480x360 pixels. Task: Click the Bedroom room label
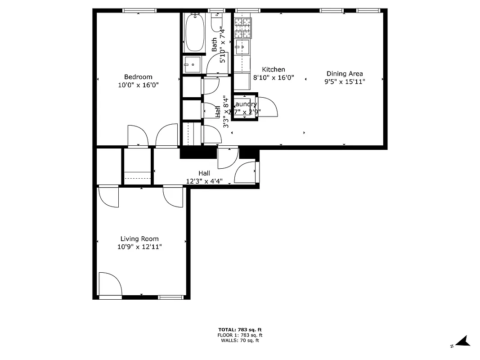click(138, 77)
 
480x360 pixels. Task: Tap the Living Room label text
click(139, 239)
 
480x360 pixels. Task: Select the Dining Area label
click(345, 74)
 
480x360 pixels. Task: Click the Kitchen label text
click(274, 70)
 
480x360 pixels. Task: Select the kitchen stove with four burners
click(243, 28)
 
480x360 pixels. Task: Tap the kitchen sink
click(242, 46)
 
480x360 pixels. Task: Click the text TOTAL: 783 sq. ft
click(240, 330)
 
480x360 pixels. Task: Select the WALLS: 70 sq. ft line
click(240, 341)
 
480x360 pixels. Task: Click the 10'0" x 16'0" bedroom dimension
click(138, 85)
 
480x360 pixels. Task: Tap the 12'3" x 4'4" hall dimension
click(204, 181)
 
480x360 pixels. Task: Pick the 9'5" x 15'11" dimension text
click(345, 81)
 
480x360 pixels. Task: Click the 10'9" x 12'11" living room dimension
click(139, 247)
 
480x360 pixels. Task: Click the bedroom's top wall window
click(139, 10)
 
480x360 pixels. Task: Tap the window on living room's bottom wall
click(171, 297)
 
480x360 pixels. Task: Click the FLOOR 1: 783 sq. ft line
click(240, 335)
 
